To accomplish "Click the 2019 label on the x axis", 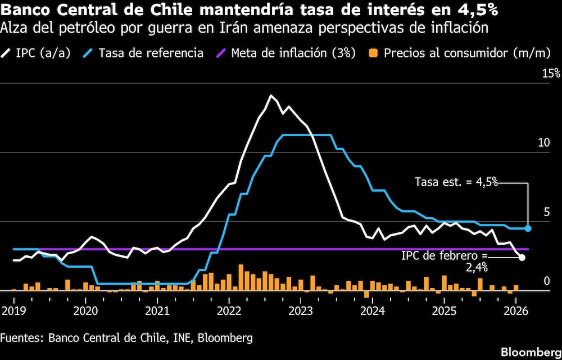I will pos(12,310).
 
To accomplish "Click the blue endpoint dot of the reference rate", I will pos(528,228).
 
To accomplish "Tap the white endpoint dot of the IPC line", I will pos(522,257).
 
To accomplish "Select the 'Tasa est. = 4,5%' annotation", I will pos(456,182).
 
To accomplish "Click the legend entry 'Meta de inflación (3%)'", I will pos(293,53).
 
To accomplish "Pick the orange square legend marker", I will pos(373,53).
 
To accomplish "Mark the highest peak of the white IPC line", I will pos(271,96).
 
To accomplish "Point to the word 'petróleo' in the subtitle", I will pos(94,27).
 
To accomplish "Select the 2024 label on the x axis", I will pos(373,310).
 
